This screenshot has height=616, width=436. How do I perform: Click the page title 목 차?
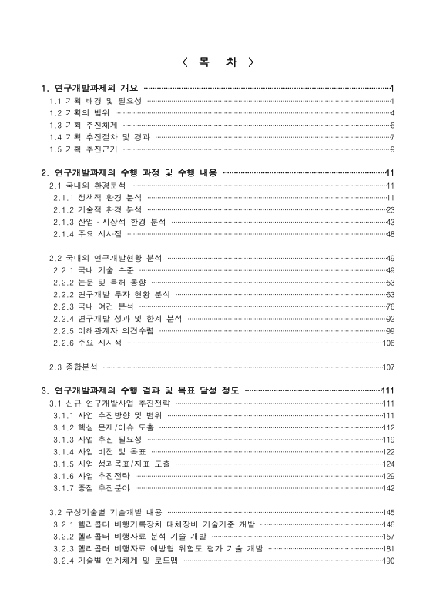tap(218, 62)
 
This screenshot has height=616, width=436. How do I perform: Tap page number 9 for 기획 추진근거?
tap(392, 149)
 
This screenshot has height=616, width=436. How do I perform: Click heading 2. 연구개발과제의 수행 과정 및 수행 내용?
tap(129, 173)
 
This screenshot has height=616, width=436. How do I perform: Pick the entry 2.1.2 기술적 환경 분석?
tap(98, 209)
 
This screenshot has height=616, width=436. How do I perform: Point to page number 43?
tap(390, 222)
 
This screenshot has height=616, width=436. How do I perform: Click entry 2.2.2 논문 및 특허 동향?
tap(100, 282)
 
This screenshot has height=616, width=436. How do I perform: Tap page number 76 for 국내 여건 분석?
tap(390, 306)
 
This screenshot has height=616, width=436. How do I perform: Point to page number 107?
tap(388, 367)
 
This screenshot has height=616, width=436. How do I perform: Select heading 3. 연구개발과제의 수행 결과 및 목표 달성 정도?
tap(140, 391)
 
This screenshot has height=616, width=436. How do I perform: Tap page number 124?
tap(388, 464)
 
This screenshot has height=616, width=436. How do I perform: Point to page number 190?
tap(388, 561)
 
